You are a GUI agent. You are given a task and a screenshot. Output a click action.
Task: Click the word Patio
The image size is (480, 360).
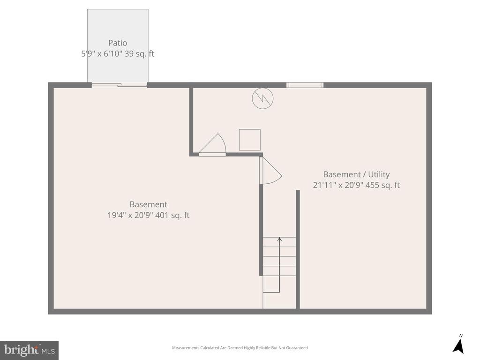click(118, 43)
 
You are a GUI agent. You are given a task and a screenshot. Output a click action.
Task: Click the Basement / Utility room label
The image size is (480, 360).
click(356, 175)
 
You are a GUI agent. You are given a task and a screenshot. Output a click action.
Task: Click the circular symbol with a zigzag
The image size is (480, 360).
click(262, 98)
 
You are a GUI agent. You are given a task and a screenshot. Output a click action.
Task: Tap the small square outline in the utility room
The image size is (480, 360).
click(249, 140)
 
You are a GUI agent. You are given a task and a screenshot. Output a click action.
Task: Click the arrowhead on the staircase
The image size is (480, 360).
click(279, 240)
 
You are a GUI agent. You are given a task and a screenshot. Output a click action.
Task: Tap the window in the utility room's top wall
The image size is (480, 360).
click(305, 85)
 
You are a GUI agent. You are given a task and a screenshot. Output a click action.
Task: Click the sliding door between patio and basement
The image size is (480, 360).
click(120, 85)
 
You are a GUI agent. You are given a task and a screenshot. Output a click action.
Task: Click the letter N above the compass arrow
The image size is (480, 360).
click(461, 336)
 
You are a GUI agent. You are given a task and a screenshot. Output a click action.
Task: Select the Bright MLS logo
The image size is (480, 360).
click(29, 350)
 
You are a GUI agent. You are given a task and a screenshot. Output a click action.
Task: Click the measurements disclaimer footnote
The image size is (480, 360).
click(240, 348)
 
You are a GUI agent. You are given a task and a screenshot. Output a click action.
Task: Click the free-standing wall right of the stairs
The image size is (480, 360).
click(298, 248)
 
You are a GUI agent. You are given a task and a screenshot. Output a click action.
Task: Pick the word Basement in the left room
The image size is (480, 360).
click(148, 205)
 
